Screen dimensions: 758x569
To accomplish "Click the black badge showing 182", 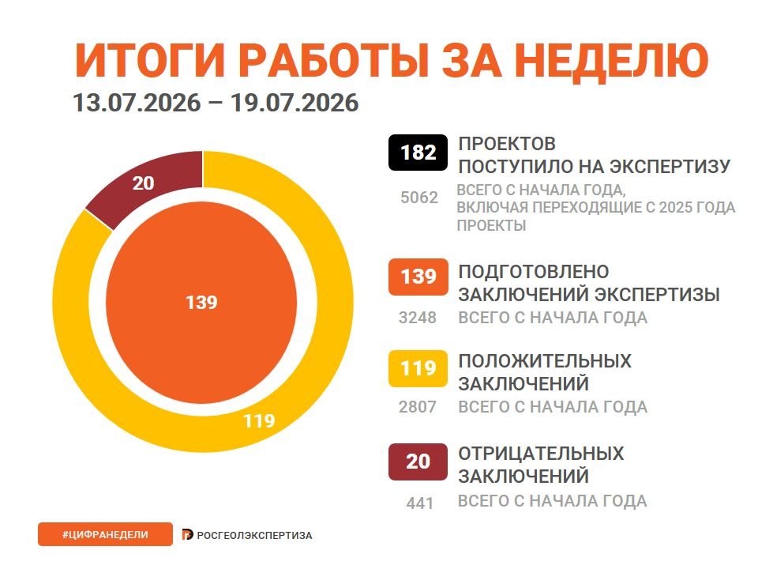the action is pos(418,153).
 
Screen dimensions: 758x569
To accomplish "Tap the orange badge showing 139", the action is pos(418,277).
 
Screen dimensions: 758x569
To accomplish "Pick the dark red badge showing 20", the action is pos(418,462).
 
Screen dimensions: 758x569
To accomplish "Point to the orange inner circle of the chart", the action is pos(201,303).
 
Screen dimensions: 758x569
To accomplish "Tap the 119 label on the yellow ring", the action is pos(260,421).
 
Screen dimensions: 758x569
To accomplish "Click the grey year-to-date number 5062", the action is pos(419,198).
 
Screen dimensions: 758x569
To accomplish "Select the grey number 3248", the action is pos(418,318).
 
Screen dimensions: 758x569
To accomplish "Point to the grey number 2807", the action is pos(418,407).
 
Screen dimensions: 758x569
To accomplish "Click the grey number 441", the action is pos(419,503).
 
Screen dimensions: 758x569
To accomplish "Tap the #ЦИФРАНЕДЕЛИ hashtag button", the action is pos(105,535).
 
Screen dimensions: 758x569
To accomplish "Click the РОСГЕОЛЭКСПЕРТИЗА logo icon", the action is pos(188,535).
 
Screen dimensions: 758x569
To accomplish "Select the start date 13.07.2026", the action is pos(137,103).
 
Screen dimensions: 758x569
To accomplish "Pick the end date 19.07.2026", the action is pos(295,103).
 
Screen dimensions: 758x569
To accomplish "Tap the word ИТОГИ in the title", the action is pos(150,61).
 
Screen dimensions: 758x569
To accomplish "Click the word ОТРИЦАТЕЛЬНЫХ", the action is pos(541,454).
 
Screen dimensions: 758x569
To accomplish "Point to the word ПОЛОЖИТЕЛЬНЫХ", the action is pos(545,361).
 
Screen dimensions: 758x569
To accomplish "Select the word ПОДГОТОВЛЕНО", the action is pos(534,272).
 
